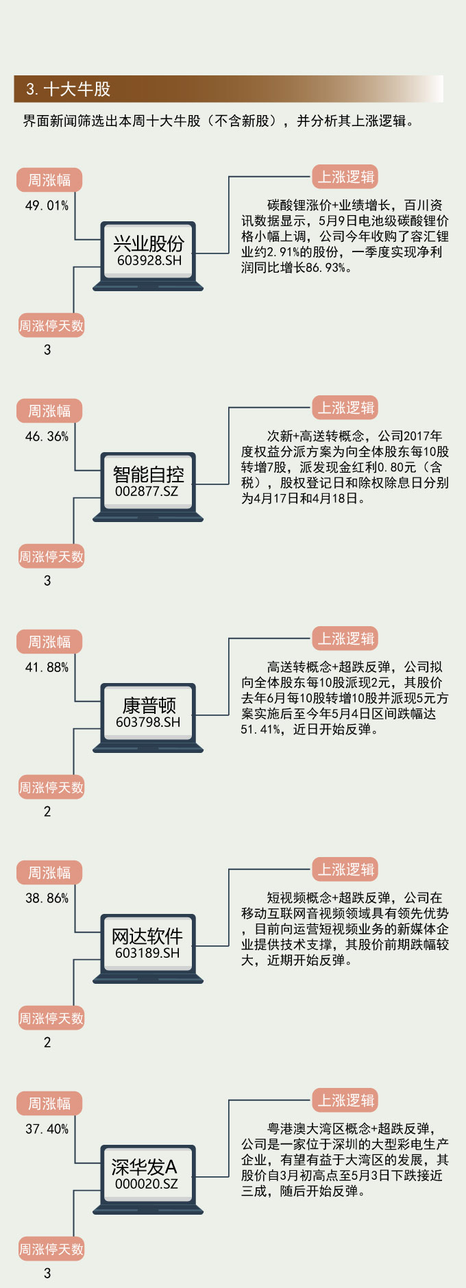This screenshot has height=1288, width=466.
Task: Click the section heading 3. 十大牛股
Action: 69,89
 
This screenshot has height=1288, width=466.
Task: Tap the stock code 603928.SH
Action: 149,260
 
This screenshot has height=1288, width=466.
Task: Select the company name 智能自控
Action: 148,474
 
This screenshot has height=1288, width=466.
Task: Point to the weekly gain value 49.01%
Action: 47,206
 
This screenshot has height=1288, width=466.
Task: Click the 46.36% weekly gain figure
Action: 47,436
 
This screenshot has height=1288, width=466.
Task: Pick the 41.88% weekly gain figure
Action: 47,667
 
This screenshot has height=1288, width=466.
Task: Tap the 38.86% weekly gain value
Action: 47,898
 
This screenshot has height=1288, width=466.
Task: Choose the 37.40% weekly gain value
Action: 47,1129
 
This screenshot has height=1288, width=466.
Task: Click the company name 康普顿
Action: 149,705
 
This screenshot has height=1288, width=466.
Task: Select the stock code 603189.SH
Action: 147,953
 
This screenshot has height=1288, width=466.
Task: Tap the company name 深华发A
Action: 144,1167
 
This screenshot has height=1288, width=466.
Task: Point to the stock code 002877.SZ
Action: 147,491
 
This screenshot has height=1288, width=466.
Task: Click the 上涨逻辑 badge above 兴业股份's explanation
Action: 346,177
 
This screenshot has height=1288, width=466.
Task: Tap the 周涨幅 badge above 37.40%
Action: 49,1104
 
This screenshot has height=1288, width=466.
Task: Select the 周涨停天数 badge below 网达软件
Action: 51,1019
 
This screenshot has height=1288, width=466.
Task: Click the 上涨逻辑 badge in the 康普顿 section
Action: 346,639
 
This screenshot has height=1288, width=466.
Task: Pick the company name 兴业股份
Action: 149,243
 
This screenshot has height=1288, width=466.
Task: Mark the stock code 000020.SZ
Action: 146,1184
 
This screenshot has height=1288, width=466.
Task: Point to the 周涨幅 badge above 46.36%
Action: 49,411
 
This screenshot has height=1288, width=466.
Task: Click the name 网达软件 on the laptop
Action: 147,936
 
